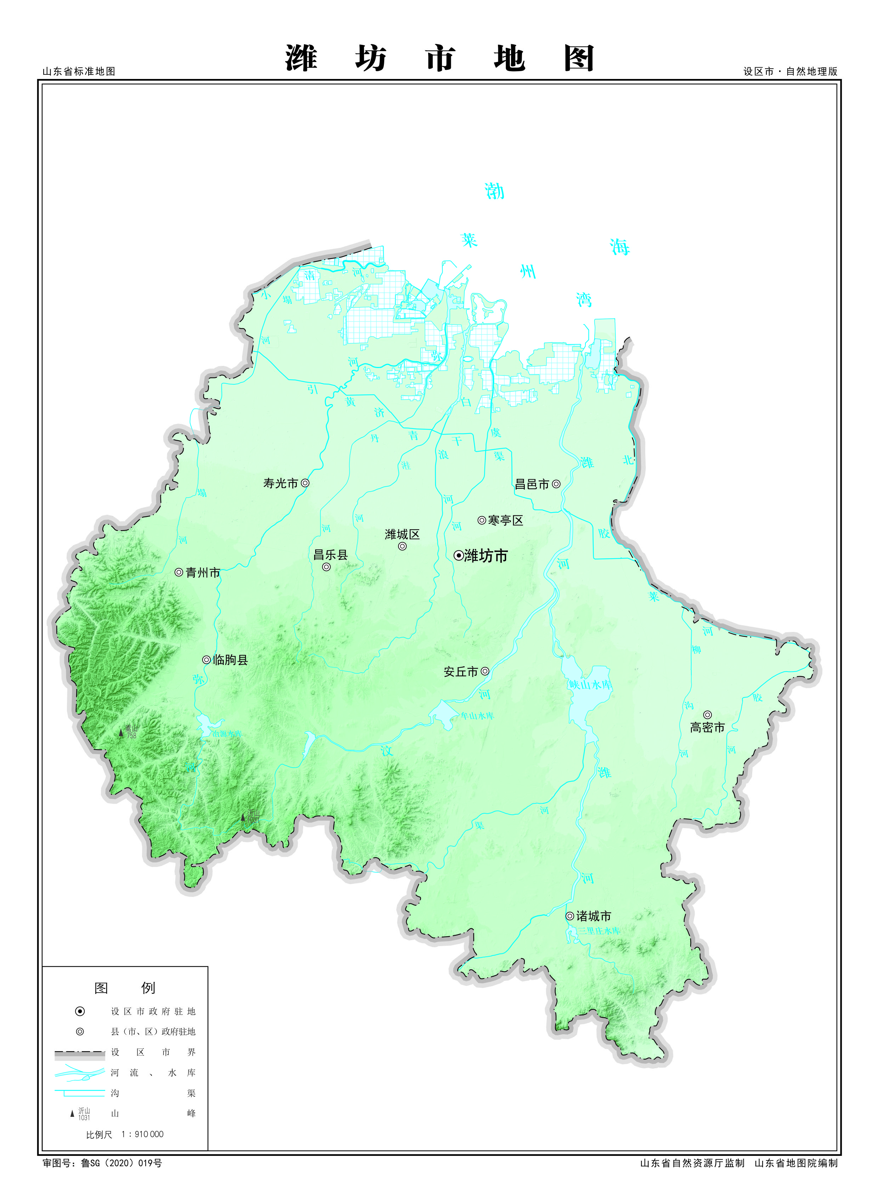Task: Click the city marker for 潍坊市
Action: (x=458, y=555)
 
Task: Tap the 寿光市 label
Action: (x=280, y=483)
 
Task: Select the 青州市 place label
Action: (x=203, y=572)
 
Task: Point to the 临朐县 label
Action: (x=231, y=660)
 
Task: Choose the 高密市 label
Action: (x=707, y=728)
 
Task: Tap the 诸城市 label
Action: (x=594, y=916)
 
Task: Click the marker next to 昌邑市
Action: (x=556, y=484)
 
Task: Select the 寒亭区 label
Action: (x=505, y=520)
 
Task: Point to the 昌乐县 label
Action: (x=330, y=554)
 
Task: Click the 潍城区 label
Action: (x=402, y=534)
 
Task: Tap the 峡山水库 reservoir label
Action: (x=591, y=685)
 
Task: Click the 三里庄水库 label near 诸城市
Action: (x=600, y=931)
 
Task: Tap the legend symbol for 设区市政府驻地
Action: (x=80, y=1011)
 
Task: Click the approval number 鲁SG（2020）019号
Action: (x=121, y=1163)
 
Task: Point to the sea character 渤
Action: (x=494, y=191)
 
